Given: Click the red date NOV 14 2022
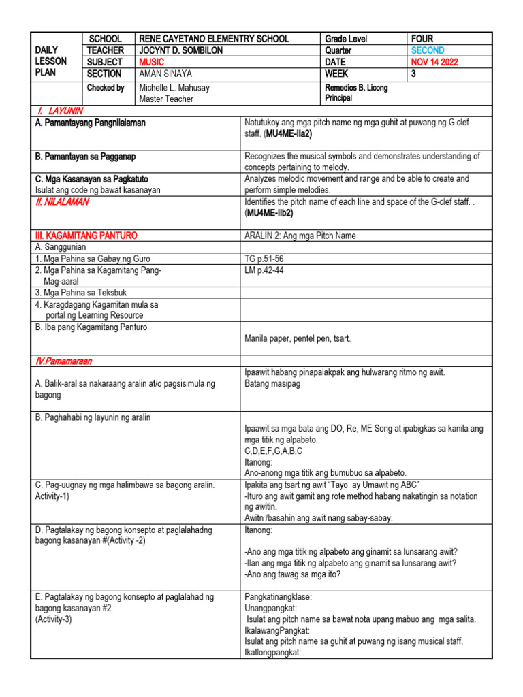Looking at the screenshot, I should tap(434, 62).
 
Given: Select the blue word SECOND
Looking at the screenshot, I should tap(428, 50).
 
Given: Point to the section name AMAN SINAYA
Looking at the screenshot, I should tap(165, 74).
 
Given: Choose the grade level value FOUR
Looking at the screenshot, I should tap(422, 39).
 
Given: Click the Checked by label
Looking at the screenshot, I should tap(106, 88).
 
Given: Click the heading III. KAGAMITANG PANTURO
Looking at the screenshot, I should tap(86, 236).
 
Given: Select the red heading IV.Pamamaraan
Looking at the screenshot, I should tap(64, 360).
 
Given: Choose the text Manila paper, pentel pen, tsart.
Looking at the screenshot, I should tap(298, 338).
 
